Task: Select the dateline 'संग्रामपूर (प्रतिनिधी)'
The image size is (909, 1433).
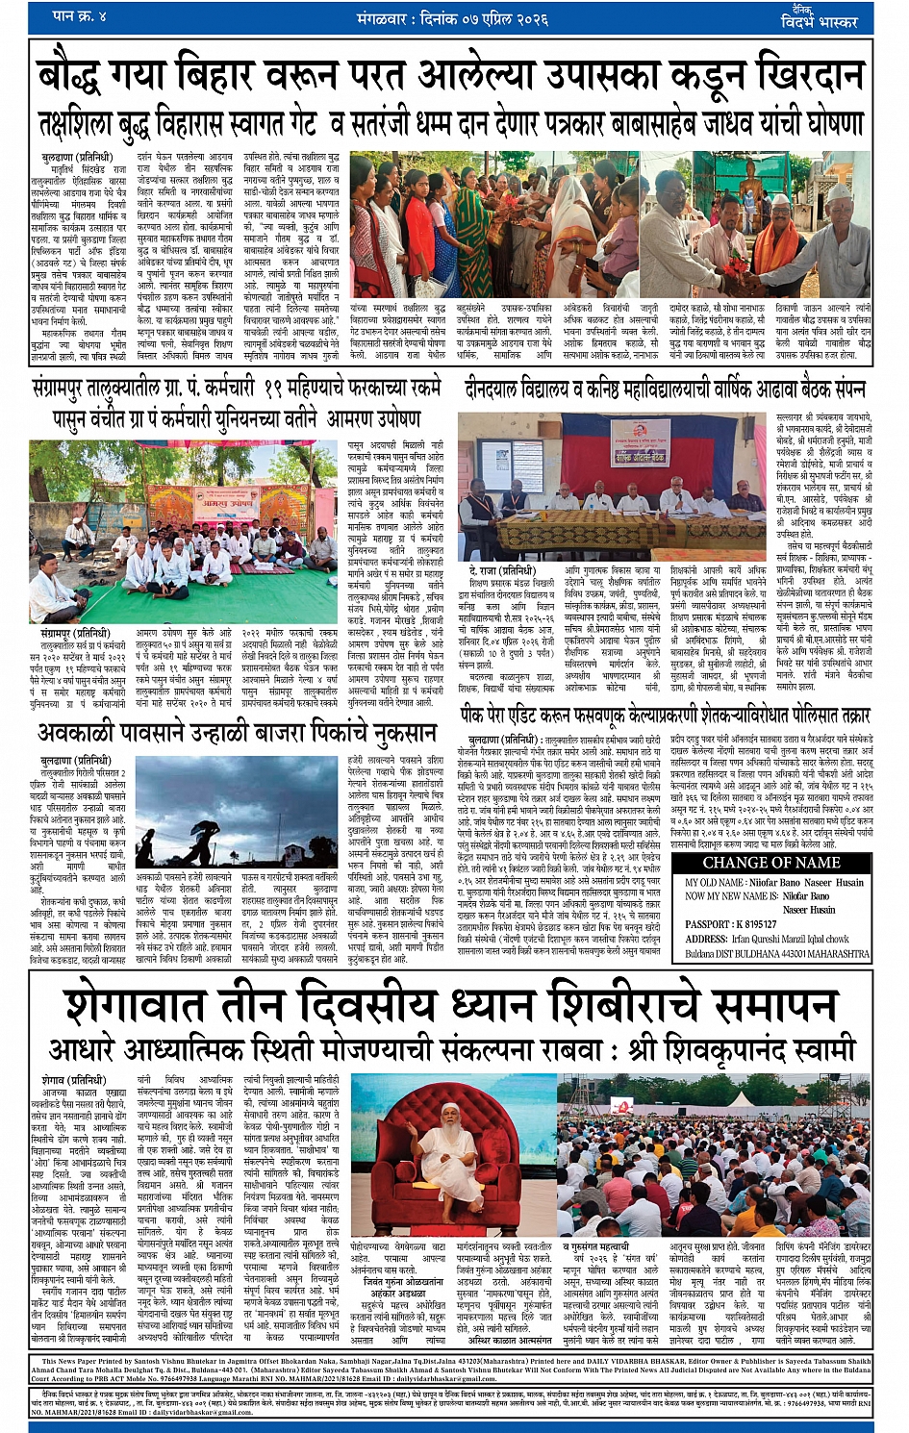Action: (78, 634)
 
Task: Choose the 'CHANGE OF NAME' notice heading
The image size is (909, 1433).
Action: (771, 863)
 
